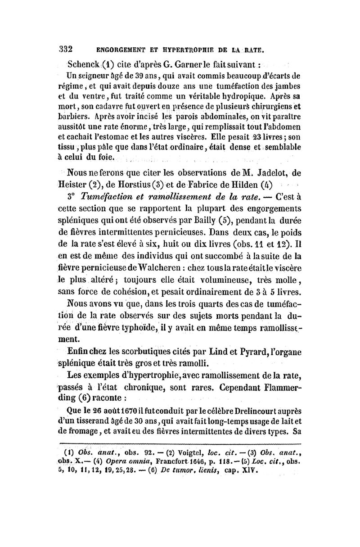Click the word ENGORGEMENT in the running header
[116, 49]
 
